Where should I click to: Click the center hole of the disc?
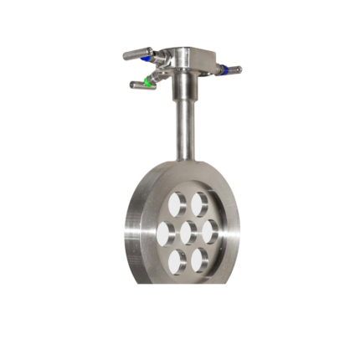click(x=189, y=231)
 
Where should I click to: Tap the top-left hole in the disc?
click(x=177, y=204)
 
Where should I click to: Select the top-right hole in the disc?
click(x=200, y=202)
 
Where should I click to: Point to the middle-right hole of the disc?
click(x=210, y=230)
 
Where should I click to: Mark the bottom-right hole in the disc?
click(x=199, y=259)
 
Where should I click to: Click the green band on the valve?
click(x=147, y=81)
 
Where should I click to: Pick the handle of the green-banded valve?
click(x=136, y=85)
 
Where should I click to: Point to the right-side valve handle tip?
click(x=238, y=69)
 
